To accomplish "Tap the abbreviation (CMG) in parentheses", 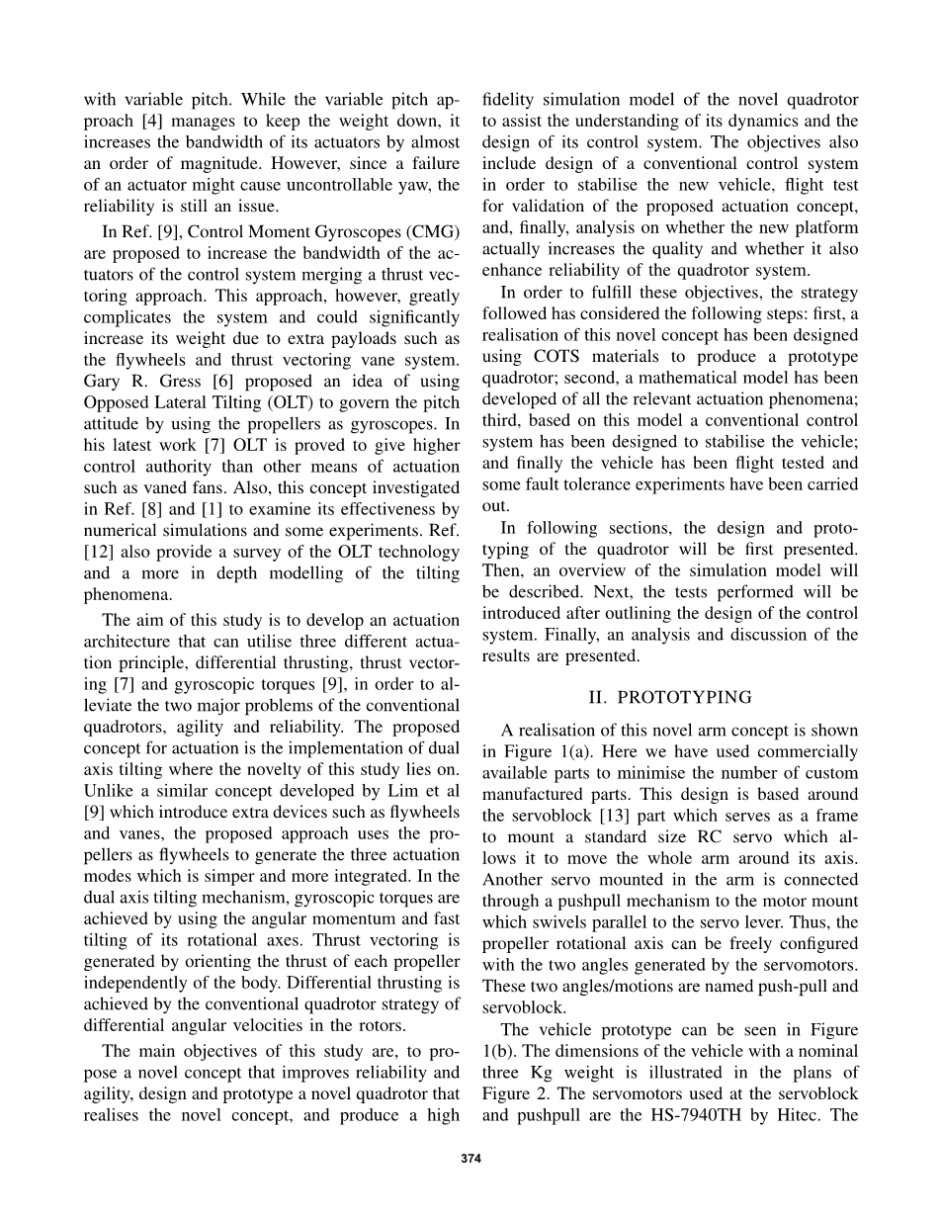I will pos(433,231).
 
